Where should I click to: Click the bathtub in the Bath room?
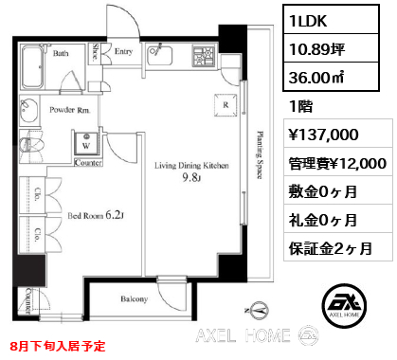[x=33, y=67]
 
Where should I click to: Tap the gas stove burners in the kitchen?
[x=204, y=56]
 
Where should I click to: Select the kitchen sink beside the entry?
[x=160, y=56]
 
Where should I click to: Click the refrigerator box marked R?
[x=226, y=105]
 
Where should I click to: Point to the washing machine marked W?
[x=86, y=144]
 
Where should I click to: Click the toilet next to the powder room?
[x=30, y=146]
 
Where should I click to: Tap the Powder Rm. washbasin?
[x=29, y=109]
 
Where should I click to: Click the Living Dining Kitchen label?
[x=191, y=165]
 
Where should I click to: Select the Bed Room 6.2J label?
[x=96, y=215]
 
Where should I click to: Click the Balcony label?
[x=135, y=298]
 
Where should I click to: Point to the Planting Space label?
[x=260, y=155]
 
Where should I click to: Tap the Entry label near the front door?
[x=123, y=51]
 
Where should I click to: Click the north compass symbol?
[x=259, y=310]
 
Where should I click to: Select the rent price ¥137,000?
[x=324, y=135]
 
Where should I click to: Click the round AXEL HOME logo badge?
[x=344, y=305]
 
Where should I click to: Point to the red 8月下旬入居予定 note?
[x=57, y=346]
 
